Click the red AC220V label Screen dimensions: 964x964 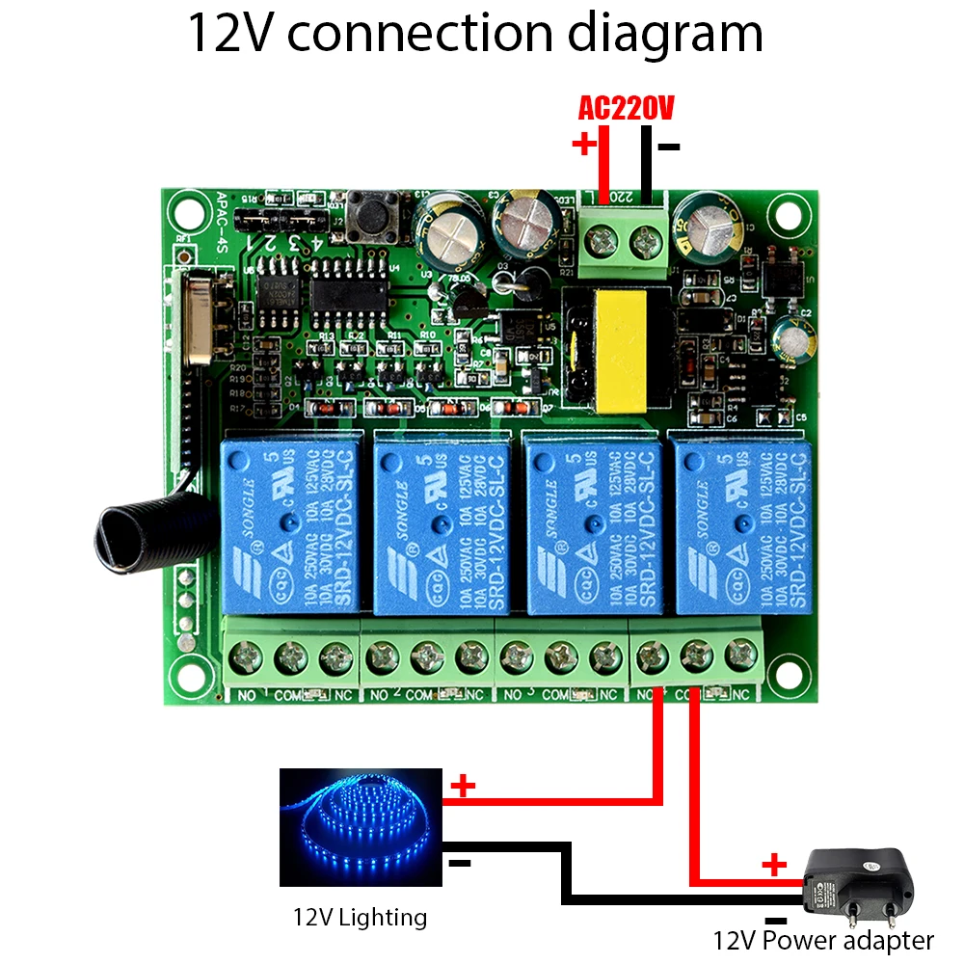(x=625, y=109)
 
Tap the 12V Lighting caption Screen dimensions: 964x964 (x=360, y=916)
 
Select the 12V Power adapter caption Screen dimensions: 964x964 (x=823, y=940)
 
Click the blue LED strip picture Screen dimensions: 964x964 (x=361, y=827)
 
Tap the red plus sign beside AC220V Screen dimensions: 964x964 (x=583, y=145)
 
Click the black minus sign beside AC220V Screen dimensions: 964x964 (x=669, y=147)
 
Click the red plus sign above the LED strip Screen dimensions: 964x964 (x=464, y=786)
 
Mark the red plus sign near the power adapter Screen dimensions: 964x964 (x=773, y=864)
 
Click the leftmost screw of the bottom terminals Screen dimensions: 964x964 (x=246, y=658)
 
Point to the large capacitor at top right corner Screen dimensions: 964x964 (x=710, y=228)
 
